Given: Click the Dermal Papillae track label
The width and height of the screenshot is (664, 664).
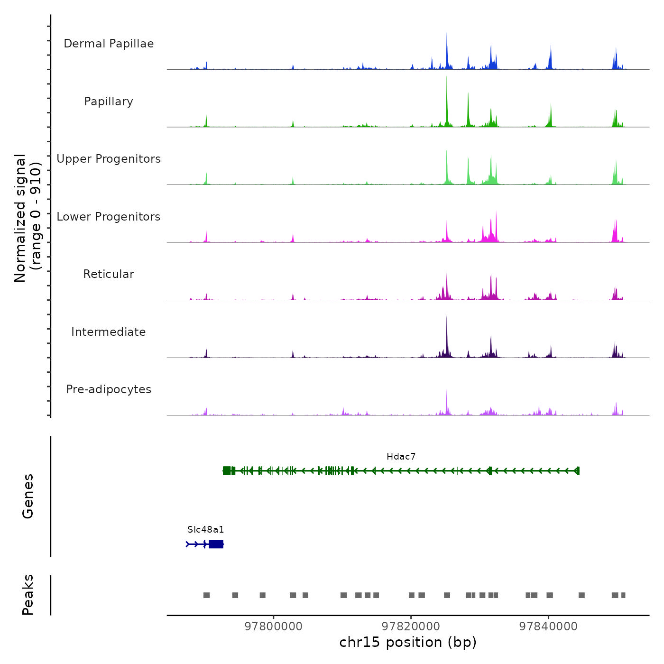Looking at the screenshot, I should coord(109,44).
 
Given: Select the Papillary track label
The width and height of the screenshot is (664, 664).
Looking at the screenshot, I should coord(109,101).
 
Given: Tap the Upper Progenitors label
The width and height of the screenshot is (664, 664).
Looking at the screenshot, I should coord(109,159).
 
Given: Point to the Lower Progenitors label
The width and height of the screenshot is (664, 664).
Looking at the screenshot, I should coord(109,217).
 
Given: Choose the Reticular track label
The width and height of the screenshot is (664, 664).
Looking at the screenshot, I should coord(109,274).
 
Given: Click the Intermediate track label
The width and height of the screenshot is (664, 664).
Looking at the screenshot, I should coord(109,332).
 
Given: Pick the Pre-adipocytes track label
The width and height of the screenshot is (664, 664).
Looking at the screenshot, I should coord(109,389).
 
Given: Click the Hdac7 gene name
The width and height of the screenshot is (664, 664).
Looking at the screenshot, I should coord(401,457).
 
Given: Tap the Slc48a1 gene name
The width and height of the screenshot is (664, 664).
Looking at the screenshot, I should coord(205,530).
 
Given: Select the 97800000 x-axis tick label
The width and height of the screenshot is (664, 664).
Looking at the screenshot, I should coord(274,627).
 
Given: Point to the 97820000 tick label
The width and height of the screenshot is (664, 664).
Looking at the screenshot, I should coord(411,627).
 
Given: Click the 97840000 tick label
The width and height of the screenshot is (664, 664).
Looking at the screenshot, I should coord(549,627).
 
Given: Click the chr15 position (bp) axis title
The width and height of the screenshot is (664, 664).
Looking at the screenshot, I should coord(408,642).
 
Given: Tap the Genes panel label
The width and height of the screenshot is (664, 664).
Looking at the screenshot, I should coord(28,496).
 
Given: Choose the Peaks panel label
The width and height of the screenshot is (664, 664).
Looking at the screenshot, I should coord(28,595).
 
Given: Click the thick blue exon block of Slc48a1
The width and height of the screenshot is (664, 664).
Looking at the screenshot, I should coord(216,544).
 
